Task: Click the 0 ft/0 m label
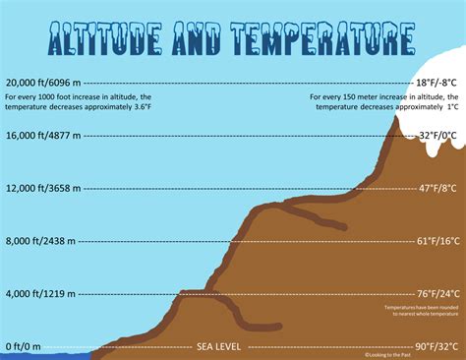click(x=24, y=346)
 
